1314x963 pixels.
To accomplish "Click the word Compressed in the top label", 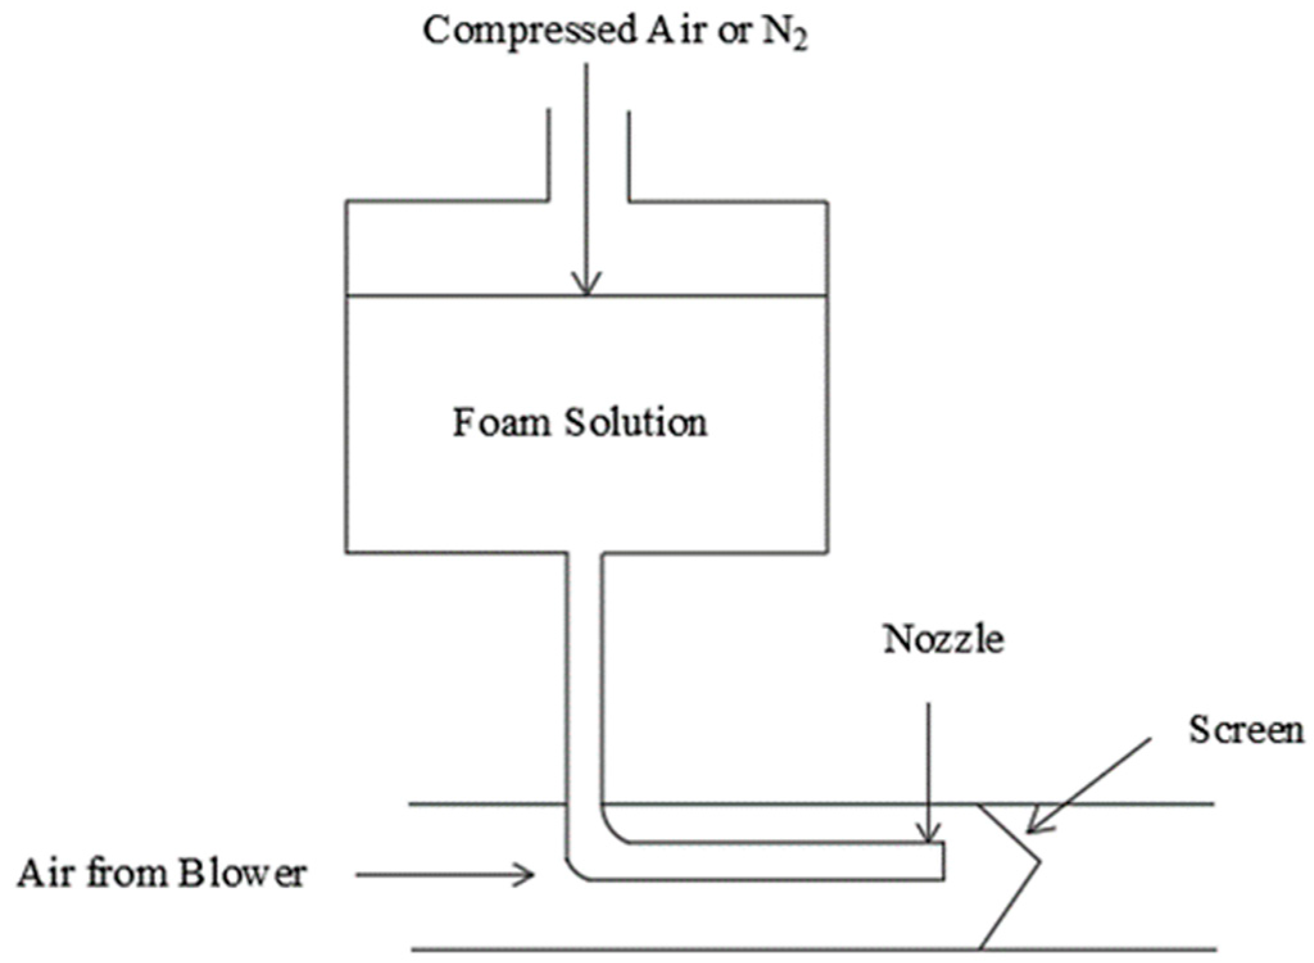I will click(x=529, y=30).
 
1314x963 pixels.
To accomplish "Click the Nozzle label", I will click(x=943, y=640).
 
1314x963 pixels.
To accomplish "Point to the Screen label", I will click(x=1246, y=730).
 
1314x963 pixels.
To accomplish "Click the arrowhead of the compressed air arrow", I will click(x=587, y=285).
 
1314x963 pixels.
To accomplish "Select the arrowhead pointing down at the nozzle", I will click(x=928, y=833).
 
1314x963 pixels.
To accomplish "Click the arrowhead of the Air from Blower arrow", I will click(x=527, y=874).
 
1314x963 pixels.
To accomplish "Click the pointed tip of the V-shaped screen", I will click(x=1039, y=861).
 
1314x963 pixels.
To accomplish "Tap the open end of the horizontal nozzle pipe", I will click(x=943, y=861).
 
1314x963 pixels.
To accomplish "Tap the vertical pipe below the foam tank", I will click(x=584, y=674).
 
